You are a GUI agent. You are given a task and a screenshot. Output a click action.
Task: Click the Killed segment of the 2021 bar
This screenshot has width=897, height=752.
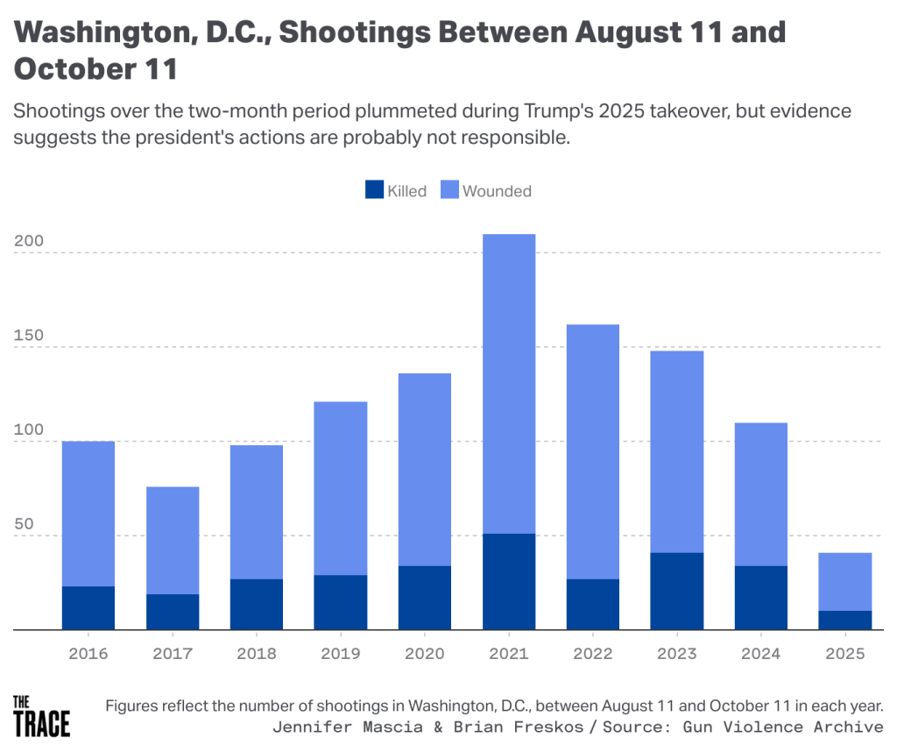point(509,581)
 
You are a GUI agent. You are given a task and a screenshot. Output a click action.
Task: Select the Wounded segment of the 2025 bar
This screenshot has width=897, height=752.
point(845,581)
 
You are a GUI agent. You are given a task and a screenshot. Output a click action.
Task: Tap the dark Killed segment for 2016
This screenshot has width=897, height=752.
point(88,607)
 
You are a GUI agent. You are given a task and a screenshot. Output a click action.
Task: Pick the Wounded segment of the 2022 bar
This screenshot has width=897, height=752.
point(593,451)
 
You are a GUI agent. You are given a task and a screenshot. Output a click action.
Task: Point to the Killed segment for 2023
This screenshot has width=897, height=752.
point(677,591)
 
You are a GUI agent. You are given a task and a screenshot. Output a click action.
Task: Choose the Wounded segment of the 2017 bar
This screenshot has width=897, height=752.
point(173,540)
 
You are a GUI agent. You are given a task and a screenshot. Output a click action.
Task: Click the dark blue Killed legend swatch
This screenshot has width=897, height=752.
point(374,190)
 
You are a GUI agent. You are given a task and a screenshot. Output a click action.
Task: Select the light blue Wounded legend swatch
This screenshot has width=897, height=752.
point(449,190)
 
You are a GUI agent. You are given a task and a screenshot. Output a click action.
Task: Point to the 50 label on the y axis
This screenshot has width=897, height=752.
point(24,524)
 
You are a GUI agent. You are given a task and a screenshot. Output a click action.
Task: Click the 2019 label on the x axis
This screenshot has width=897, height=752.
point(341,654)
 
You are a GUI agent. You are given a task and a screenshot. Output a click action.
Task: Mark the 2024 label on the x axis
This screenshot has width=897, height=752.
point(761,654)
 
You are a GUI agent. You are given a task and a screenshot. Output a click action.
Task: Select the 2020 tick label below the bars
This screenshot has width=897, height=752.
point(425,654)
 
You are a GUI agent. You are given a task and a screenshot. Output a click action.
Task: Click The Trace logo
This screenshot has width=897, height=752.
point(41,714)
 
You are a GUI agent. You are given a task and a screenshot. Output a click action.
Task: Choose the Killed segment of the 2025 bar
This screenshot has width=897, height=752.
point(845,620)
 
